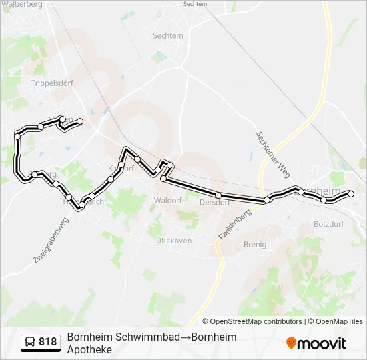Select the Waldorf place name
pyautogui.click(x=167, y=200)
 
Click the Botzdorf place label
pyautogui.click(x=328, y=224)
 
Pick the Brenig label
pyautogui.click(x=254, y=245)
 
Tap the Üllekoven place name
pyautogui.click(x=173, y=240)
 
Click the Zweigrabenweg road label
pyautogui.click(x=51, y=239)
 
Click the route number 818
pyautogui.click(x=48, y=342)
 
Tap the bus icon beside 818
pyautogui.click(x=30, y=342)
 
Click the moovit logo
pyautogui.click(x=316, y=343)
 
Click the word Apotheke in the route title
pyautogui.click(x=89, y=349)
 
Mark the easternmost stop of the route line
pyautogui.click(x=351, y=194)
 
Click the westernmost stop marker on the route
pyautogui.click(x=17, y=137)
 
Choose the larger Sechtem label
pyautogui.click(x=167, y=36)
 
